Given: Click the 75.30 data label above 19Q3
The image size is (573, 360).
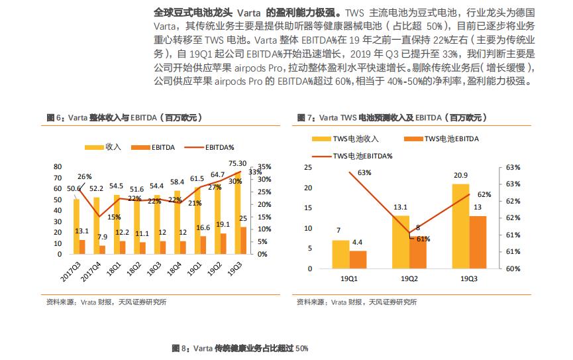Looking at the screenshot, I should point(237,163).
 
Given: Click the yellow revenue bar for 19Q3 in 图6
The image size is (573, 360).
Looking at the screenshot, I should point(237,212).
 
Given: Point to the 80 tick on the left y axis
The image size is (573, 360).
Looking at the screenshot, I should point(57,166).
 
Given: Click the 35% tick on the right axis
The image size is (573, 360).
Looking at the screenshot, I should point(264,166).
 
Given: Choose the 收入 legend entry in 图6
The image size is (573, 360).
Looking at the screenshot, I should point(106,146).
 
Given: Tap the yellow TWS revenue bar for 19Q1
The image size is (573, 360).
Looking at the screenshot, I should point(340,254).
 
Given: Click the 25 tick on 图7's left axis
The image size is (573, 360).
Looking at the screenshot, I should point(307,167).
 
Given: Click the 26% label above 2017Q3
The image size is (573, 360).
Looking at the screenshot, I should point(85,176).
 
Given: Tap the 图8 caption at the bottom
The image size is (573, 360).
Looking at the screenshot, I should point(240,348).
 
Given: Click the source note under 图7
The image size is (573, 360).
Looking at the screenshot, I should point(356,302).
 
